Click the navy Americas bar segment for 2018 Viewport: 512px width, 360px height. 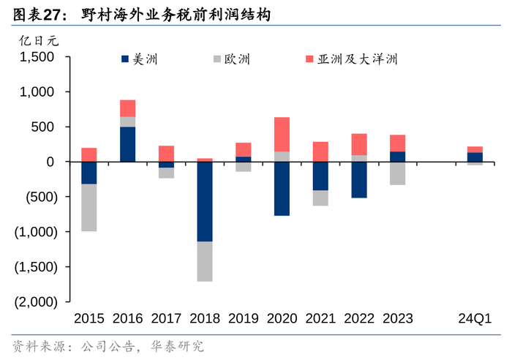coord(205,201)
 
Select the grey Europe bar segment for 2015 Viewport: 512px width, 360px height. coord(89,207)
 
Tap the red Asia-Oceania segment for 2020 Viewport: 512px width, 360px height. coord(282,134)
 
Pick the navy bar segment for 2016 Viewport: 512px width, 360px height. coord(128,144)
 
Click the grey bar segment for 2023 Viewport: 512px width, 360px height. coord(397,173)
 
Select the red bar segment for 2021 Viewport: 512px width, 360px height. coord(320,151)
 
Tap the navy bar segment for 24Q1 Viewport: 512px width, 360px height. coord(475,157)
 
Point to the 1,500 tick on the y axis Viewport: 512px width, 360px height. coord(39,57)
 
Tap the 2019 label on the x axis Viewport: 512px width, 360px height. coord(244,318)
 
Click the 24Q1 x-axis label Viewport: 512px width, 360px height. coord(475,318)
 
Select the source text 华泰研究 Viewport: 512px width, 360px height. coord(177,346)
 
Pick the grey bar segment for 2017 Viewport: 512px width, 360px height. coord(166,173)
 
